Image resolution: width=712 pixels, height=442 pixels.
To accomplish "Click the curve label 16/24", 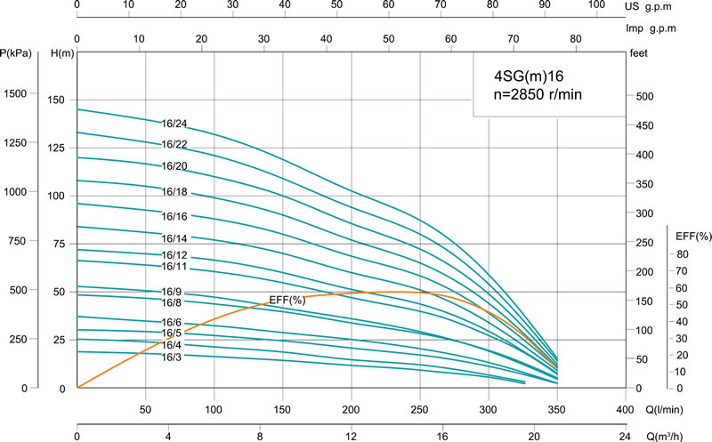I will (x=174, y=124).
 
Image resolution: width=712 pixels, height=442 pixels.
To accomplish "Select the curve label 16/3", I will (x=172, y=358).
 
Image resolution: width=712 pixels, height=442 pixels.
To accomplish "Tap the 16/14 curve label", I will (x=174, y=238).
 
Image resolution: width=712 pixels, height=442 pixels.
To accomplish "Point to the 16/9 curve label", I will (x=172, y=292).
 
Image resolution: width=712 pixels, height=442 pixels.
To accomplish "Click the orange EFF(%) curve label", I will (x=287, y=301).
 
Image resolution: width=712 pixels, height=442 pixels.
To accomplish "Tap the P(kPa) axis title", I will (x=17, y=54).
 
